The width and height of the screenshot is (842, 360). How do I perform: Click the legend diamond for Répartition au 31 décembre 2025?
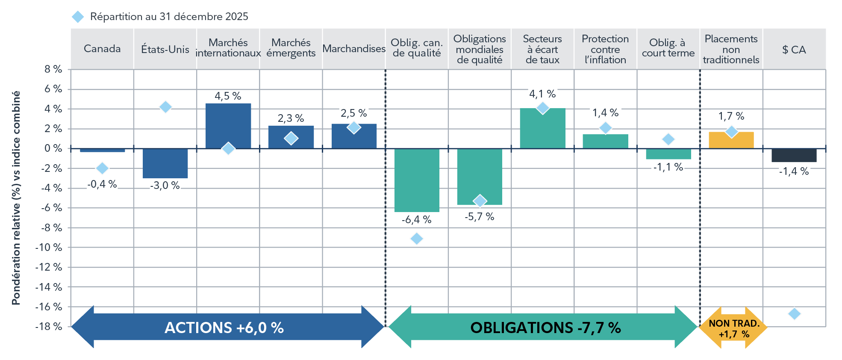[x=78, y=17]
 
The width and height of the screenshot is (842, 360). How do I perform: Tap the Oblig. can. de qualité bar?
[x=417, y=180]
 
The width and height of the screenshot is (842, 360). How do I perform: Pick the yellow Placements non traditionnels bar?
[x=731, y=140]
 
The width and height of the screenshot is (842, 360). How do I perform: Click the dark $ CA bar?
[x=794, y=155]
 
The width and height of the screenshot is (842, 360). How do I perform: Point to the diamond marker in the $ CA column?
[x=794, y=314]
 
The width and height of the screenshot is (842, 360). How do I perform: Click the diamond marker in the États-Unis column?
[x=165, y=107]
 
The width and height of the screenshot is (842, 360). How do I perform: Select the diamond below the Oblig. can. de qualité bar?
[x=417, y=239]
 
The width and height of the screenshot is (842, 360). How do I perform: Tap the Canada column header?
[x=102, y=49]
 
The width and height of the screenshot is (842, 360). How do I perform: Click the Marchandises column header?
[x=354, y=49]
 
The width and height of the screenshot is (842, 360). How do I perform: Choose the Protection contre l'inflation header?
[x=605, y=49]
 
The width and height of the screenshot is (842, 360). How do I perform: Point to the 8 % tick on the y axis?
[x=53, y=69]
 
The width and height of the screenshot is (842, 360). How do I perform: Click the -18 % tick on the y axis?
[x=49, y=327]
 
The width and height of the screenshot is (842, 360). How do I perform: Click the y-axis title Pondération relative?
[x=16, y=198]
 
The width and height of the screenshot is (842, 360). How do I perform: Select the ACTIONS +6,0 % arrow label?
[x=224, y=328]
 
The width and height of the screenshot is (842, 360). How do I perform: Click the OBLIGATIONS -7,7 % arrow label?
[x=545, y=328]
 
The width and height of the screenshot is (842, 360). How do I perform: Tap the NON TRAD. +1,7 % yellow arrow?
[x=733, y=328]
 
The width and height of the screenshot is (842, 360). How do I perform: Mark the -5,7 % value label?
[x=480, y=217]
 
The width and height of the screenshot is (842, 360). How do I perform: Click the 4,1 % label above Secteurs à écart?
[x=542, y=94]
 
